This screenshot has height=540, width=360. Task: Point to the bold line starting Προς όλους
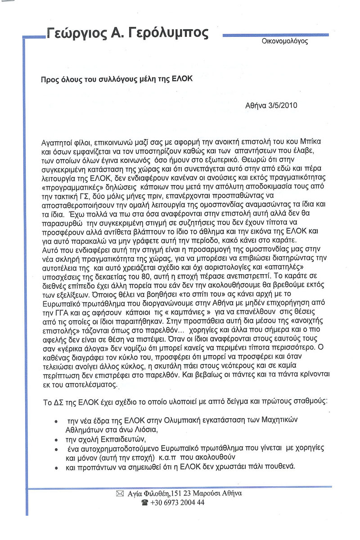coord(117,78)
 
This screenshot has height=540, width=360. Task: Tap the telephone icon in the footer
coord(145,503)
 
